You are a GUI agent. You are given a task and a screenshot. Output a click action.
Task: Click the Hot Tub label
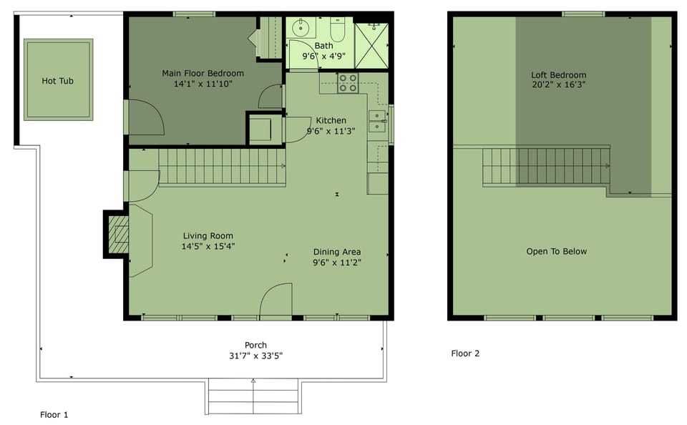pyautogui.click(x=57, y=81)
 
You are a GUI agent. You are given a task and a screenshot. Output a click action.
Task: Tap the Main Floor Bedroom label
pyautogui.click(x=203, y=73)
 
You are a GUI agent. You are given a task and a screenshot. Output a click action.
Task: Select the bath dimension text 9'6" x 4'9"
pyautogui.click(x=323, y=56)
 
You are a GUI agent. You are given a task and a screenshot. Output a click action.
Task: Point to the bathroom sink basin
pyautogui.click(x=301, y=28)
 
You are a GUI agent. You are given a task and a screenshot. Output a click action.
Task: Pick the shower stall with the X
pyautogui.click(x=371, y=46)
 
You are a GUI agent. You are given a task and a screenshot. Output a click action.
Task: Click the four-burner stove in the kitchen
pyautogui.click(x=348, y=83)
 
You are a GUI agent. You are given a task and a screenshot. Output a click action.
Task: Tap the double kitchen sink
pyautogui.click(x=377, y=122)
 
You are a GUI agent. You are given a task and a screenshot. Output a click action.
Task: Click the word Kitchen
pyautogui.click(x=331, y=120)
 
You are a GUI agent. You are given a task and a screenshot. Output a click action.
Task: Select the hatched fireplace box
pyautogui.click(x=118, y=235)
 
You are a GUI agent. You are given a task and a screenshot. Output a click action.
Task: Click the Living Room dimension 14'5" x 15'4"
pyautogui.click(x=208, y=246)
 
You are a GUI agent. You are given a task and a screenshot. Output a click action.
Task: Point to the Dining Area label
pyautogui.click(x=337, y=252)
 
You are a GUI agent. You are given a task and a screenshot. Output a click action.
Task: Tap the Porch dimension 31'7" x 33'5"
pyautogui.click(x=256, y=356)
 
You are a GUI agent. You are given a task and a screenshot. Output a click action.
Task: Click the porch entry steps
pyautogui.click(x=253, y=396)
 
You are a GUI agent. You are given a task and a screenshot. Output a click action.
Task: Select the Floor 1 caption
pyautogui.click(x=54, y=414)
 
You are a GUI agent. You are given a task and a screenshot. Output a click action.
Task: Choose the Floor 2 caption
pyautogui.click(x=465, y=353)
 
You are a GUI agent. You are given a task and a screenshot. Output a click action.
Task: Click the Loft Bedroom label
pyautogui.click(x=559, y=75)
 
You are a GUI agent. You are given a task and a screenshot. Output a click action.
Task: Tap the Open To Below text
pyautogui.click(x=557, y=252)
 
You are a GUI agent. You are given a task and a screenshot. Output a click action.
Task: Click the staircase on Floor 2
pyautogui.click(x=546, y=167)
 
